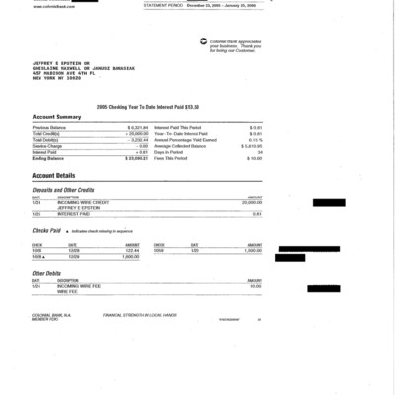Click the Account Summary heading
pos(57,116)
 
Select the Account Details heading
pos(54,174)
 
